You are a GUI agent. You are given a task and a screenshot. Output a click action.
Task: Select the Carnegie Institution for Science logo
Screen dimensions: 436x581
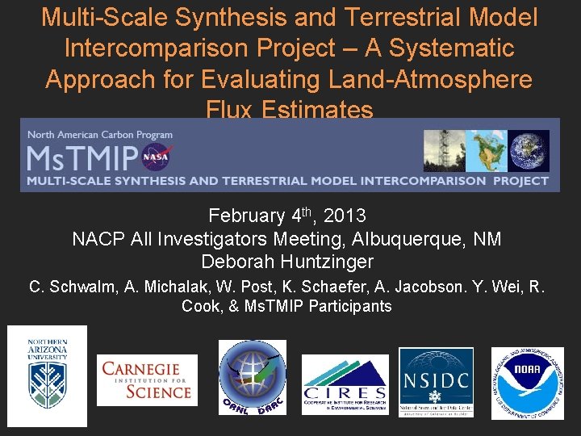[147, 380]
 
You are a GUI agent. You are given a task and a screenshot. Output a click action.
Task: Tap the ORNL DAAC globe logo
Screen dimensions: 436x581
[252, 377]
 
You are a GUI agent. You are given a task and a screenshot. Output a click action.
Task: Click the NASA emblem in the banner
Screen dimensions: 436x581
[156, 156]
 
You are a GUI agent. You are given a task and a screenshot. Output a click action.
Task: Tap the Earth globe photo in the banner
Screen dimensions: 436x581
[529, 151]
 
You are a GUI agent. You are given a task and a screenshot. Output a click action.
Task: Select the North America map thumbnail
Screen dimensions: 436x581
[487, 151]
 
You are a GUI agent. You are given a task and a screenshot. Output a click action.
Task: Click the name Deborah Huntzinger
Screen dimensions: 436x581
[287, 262]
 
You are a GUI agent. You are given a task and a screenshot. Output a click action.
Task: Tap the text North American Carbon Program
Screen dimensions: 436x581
[100, 135]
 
